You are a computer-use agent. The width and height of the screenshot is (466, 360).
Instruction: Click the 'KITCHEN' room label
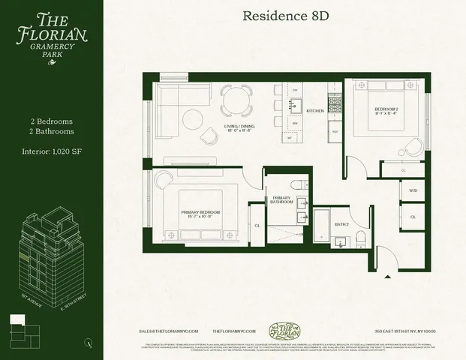click(314, 110)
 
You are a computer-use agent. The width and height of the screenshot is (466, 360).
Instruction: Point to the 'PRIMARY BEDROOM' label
click(200, 212)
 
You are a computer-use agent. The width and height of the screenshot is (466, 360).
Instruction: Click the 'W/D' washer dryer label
click(413, 190)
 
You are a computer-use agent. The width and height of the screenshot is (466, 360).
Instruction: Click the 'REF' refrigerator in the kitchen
click(335, 131)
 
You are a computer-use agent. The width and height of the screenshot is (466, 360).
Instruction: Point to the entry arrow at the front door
click(387, 277)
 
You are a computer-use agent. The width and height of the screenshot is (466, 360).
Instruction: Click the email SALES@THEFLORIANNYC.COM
click(171, 330)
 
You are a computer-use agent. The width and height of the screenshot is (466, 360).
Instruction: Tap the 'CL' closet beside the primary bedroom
click(257, 224)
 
